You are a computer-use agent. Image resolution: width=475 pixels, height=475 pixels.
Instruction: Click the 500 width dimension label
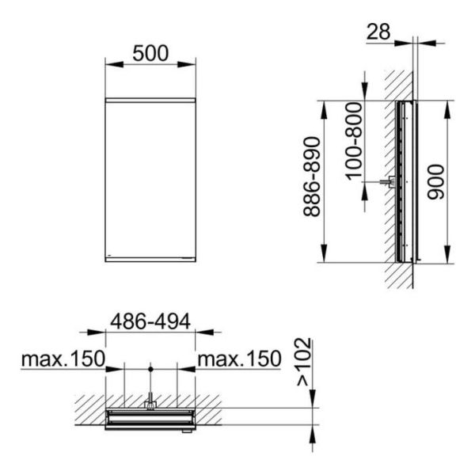click(150, 53)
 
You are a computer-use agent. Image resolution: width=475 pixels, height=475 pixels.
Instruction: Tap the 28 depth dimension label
click(378, 32)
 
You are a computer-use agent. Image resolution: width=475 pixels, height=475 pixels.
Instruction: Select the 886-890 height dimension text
click(312, 177)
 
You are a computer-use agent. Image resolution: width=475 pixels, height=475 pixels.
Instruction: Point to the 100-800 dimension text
click(355, 141)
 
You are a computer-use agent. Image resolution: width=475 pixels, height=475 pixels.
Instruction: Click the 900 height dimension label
click(435, 182)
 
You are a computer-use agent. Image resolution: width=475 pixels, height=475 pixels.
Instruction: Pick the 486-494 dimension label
click(150, 321)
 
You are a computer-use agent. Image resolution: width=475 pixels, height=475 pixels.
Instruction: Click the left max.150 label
click(63, 359)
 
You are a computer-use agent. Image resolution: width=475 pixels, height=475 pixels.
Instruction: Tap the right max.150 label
click(239, 359)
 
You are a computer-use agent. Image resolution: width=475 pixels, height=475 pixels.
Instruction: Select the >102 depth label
click(304, 362)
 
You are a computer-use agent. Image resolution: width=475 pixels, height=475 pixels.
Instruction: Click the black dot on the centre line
click(150, 369)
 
